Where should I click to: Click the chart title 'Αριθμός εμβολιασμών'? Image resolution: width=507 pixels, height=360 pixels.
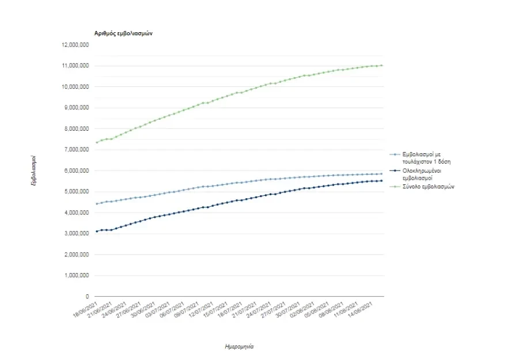(123, 33)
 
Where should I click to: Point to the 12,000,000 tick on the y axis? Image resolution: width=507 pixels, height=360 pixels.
(75, 45)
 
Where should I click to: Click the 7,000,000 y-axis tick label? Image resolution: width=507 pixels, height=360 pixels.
(76, 150)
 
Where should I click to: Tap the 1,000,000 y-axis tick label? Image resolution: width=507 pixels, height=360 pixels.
(76, 276)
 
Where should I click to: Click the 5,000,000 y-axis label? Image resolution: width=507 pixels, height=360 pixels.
(76, 192)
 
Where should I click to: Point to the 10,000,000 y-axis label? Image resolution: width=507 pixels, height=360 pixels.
(75, 87)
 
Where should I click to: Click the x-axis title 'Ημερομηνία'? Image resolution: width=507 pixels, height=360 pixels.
(239, 347)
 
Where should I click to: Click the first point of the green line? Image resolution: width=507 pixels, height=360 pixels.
(97, 142)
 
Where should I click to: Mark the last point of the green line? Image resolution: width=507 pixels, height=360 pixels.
(381, 66)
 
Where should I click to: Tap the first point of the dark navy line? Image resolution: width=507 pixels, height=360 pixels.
(97, 231)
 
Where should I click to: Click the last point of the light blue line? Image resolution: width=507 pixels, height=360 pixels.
(381, 173)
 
